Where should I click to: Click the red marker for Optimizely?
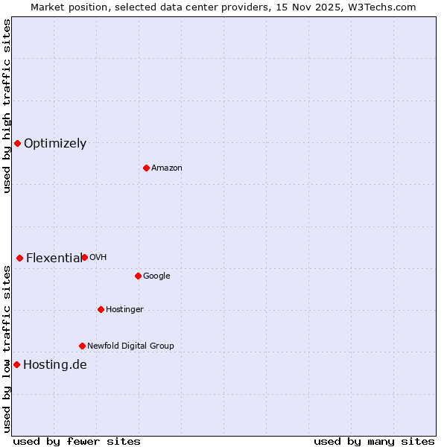(17, 143)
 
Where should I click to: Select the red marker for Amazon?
(146, 168)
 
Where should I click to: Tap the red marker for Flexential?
(19, 258)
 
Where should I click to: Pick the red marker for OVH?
(84, 257)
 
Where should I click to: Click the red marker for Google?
(138, 276)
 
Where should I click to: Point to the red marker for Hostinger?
(101, 309)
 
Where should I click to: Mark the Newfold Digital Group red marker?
(82, 346)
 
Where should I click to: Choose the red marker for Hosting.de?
(16, 364)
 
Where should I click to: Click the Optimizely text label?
(55, 144)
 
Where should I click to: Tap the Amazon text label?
(167, 168)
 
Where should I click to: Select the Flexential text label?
(54, 259)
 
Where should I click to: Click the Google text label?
(156, 276)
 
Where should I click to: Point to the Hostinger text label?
(124, 310)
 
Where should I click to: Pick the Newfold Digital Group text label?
(130, 346)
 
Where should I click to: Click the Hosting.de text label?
(55, 365)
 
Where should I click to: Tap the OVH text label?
(98, 258)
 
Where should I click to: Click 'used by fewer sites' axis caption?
(77, 441)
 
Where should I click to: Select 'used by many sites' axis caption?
(374, 441)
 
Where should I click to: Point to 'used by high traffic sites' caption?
(7, 106)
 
